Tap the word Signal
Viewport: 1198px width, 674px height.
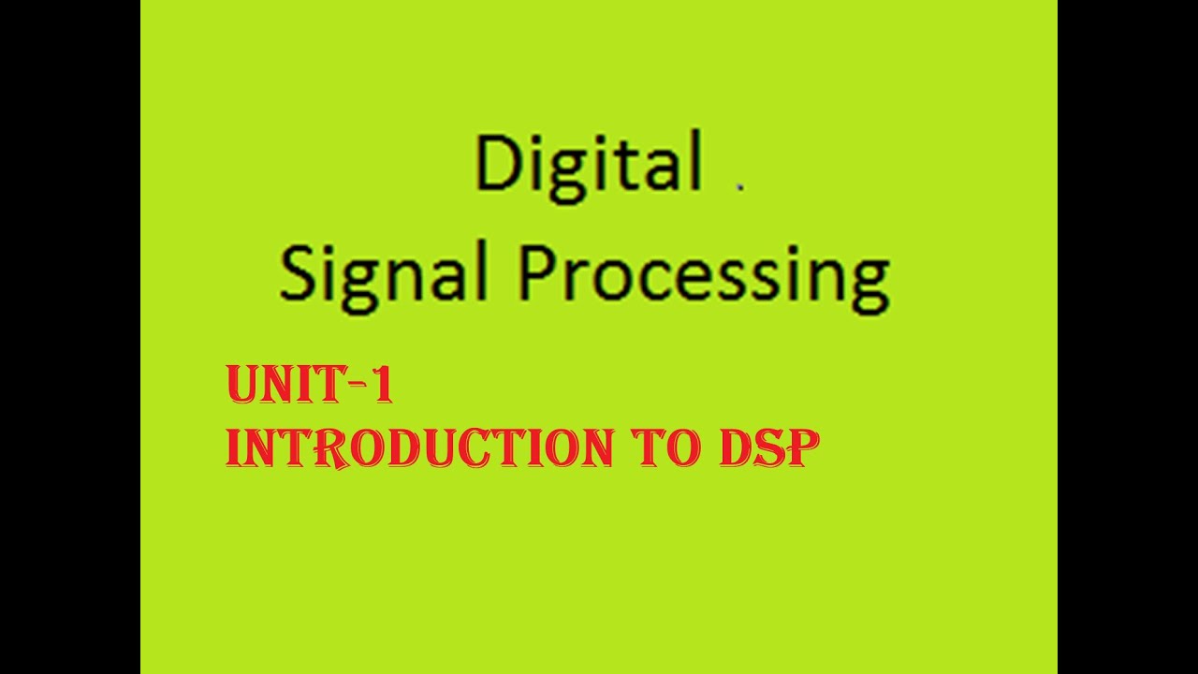point(384,275)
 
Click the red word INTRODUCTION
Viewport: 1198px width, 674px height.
point(419,448)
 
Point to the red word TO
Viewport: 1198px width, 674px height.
point(666,448)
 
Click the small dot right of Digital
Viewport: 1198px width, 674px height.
point(739,186)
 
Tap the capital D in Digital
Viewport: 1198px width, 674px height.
point(496,163)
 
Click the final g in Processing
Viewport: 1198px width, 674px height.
point(870,283)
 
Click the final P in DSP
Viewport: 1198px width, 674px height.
point(803,448)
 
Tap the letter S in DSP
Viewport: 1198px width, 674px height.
point(769,448)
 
